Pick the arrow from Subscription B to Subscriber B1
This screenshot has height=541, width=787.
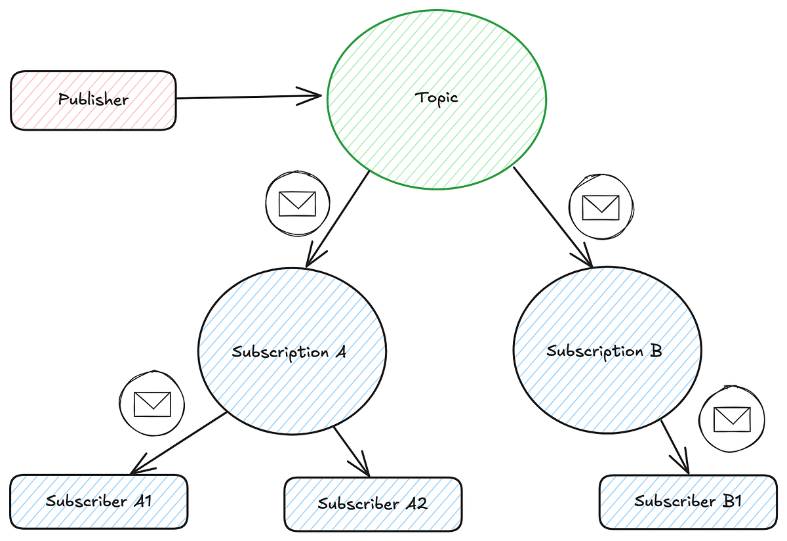click(674, 446)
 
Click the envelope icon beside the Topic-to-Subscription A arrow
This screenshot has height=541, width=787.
click(297, 204)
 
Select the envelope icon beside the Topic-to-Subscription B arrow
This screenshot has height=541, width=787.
click(601, 207)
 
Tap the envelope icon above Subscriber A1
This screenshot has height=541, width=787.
click(152, 404)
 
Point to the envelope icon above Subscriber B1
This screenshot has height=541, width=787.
click(732, 418)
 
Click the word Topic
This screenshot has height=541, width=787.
click(437, 98)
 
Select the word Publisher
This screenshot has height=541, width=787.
click(93, 100)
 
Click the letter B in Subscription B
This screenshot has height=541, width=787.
click(655, 351)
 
